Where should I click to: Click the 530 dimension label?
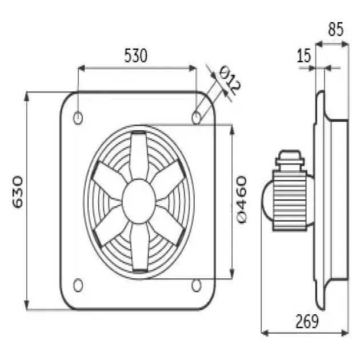[135, 56]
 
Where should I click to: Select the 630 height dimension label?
[18, 192]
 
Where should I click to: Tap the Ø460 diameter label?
[241, 199]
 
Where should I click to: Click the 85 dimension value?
[335, 29]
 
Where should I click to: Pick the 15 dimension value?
[304, 55]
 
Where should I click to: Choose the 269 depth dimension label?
[307, 321]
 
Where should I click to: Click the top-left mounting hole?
[78, 118]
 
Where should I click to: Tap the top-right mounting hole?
[196, 118]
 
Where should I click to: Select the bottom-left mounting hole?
[78, 285]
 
